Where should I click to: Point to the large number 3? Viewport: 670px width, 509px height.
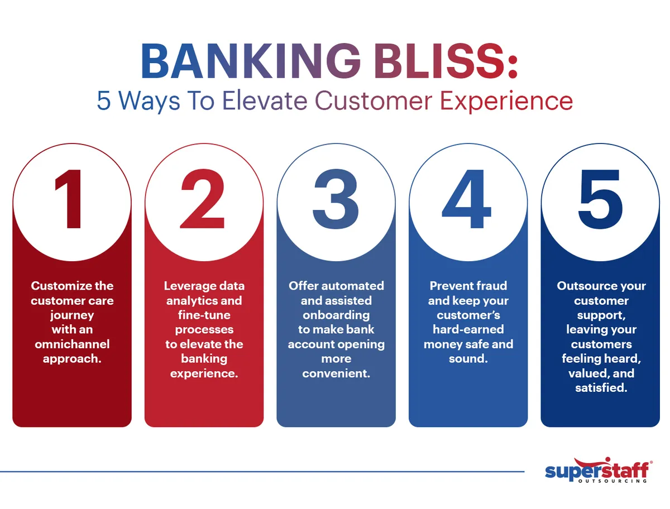(336, 200)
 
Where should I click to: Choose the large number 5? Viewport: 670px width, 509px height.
(600, 200)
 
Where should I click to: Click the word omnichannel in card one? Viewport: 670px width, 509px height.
(72, 344)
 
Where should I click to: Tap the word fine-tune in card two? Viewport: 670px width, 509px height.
(204, 315)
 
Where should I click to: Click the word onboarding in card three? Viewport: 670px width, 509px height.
(336, 315)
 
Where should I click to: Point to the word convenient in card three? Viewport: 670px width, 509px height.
(336, 373)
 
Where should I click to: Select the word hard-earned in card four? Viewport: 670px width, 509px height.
(468, 329)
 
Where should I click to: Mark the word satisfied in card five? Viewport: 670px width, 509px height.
(600, 387)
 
